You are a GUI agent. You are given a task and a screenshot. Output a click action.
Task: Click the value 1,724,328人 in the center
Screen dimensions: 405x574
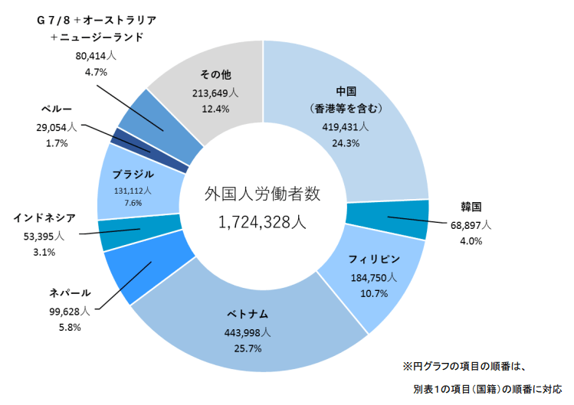point(263,223)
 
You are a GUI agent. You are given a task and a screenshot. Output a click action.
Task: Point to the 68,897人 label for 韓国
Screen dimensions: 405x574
point(470,227)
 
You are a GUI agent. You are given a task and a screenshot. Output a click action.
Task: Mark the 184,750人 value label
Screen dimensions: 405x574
point(372,277)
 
